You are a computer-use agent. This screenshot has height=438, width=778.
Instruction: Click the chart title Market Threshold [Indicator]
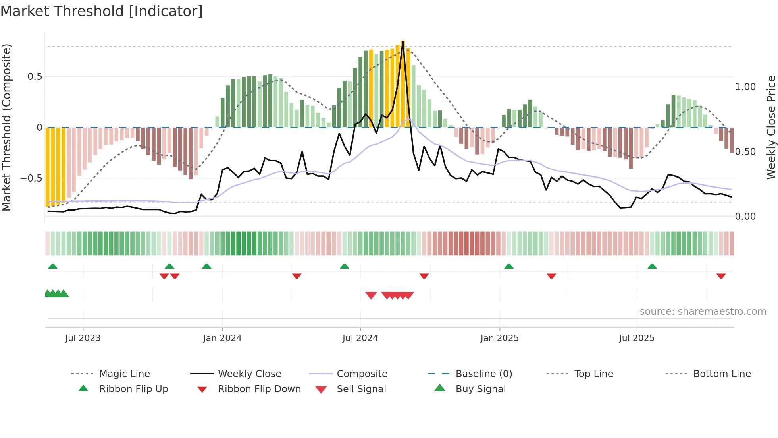[102, 11]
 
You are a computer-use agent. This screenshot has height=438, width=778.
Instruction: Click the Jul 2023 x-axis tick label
[83, 338]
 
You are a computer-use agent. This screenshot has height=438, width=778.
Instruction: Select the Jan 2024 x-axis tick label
[222, 338]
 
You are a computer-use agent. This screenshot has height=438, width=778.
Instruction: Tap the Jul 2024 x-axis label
[360, 338]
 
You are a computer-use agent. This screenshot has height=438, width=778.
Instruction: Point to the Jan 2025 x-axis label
[499, 338]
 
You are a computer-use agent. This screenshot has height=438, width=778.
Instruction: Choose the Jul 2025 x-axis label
[637, 338]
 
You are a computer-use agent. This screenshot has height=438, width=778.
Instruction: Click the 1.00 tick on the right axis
[745, 87]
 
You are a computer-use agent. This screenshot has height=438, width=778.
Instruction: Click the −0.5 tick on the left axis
[31, 178]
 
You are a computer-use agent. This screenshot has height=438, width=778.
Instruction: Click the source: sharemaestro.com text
[703, 312]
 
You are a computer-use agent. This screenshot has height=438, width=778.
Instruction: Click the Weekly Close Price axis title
[771, 127]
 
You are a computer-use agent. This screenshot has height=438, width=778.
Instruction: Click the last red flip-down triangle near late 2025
[721, 276]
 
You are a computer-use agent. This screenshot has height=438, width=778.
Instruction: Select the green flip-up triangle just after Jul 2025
[652, 266]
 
